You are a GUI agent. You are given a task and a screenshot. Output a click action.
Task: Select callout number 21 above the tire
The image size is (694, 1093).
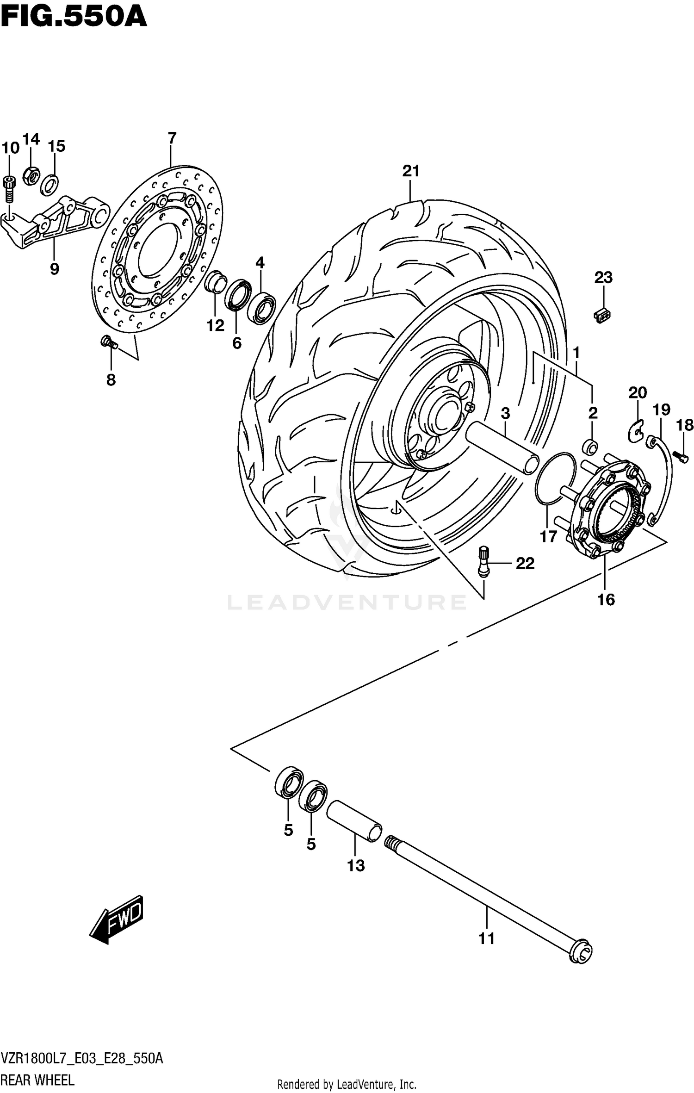tap(410, 171)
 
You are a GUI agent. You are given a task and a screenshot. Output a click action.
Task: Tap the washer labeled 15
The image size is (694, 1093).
tap(50, 184)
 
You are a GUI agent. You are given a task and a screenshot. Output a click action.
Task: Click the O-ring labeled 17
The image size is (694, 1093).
tap(555, 478)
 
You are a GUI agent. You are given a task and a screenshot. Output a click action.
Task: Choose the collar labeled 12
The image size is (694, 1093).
tap(215, 282)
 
